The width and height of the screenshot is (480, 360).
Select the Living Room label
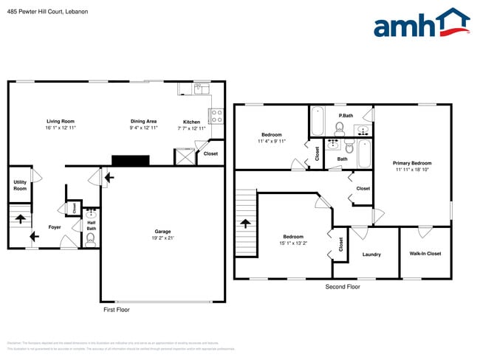click(61, 121)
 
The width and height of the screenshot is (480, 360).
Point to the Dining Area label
click(143, 121)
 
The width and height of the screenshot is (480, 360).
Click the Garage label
click(162, 232)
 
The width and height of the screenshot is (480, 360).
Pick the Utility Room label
click(20, 186)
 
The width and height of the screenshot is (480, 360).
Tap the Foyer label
click(55, 227)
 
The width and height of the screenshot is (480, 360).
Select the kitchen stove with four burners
click(216, 116)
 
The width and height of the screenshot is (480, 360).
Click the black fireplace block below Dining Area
click(130, 160)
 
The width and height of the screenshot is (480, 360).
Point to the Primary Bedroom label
click(412, 163)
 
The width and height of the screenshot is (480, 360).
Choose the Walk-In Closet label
click(425, 254)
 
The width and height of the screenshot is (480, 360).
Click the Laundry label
click(371, 255)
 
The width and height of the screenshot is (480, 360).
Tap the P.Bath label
click(345, 116)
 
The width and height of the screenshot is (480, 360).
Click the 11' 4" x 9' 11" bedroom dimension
click(272, 141)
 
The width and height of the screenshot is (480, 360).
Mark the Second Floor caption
click(343, 286)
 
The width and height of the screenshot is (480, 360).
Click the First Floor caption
click(116, 310)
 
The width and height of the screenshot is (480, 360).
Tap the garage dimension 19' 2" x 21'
click(162, 238)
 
